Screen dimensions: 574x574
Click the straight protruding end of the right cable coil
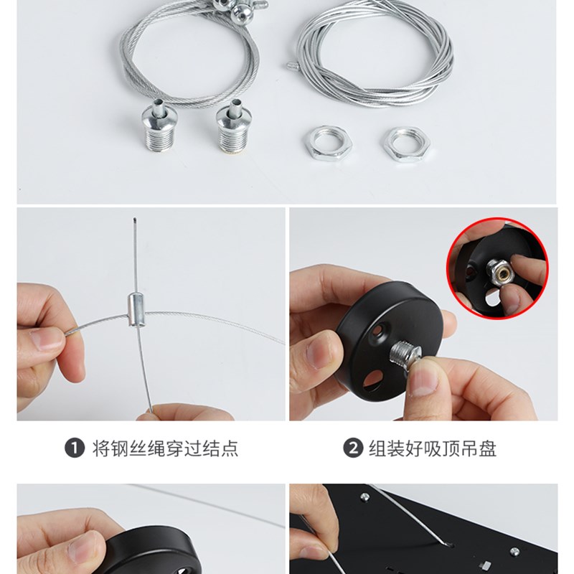pos(293,65)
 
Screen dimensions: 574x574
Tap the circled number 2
pos(352,449)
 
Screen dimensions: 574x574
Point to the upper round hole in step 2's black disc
pos(378,331)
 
